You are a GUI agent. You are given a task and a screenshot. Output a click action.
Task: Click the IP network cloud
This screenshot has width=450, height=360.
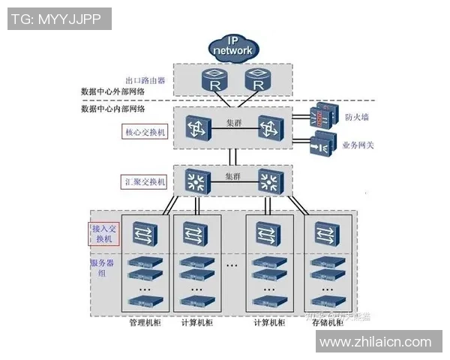(x=233, y=47)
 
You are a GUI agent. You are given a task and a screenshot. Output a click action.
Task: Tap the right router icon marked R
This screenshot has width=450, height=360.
(x=257, y=80)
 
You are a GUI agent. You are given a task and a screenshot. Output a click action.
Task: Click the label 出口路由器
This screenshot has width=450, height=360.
(x=145, y=79)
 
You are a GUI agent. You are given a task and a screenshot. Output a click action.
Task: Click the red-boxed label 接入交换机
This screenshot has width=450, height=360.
(x=104, y=232)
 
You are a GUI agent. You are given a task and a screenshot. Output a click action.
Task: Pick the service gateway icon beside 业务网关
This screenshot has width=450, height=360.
(x=322, y=143)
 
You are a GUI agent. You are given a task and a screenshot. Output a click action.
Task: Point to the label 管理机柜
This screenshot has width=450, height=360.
(x=143, y=323)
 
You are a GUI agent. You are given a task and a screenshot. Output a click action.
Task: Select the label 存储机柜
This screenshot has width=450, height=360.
(x=331, y=323)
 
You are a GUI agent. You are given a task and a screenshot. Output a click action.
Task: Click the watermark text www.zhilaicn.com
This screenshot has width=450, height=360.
(x=376, y=343)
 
